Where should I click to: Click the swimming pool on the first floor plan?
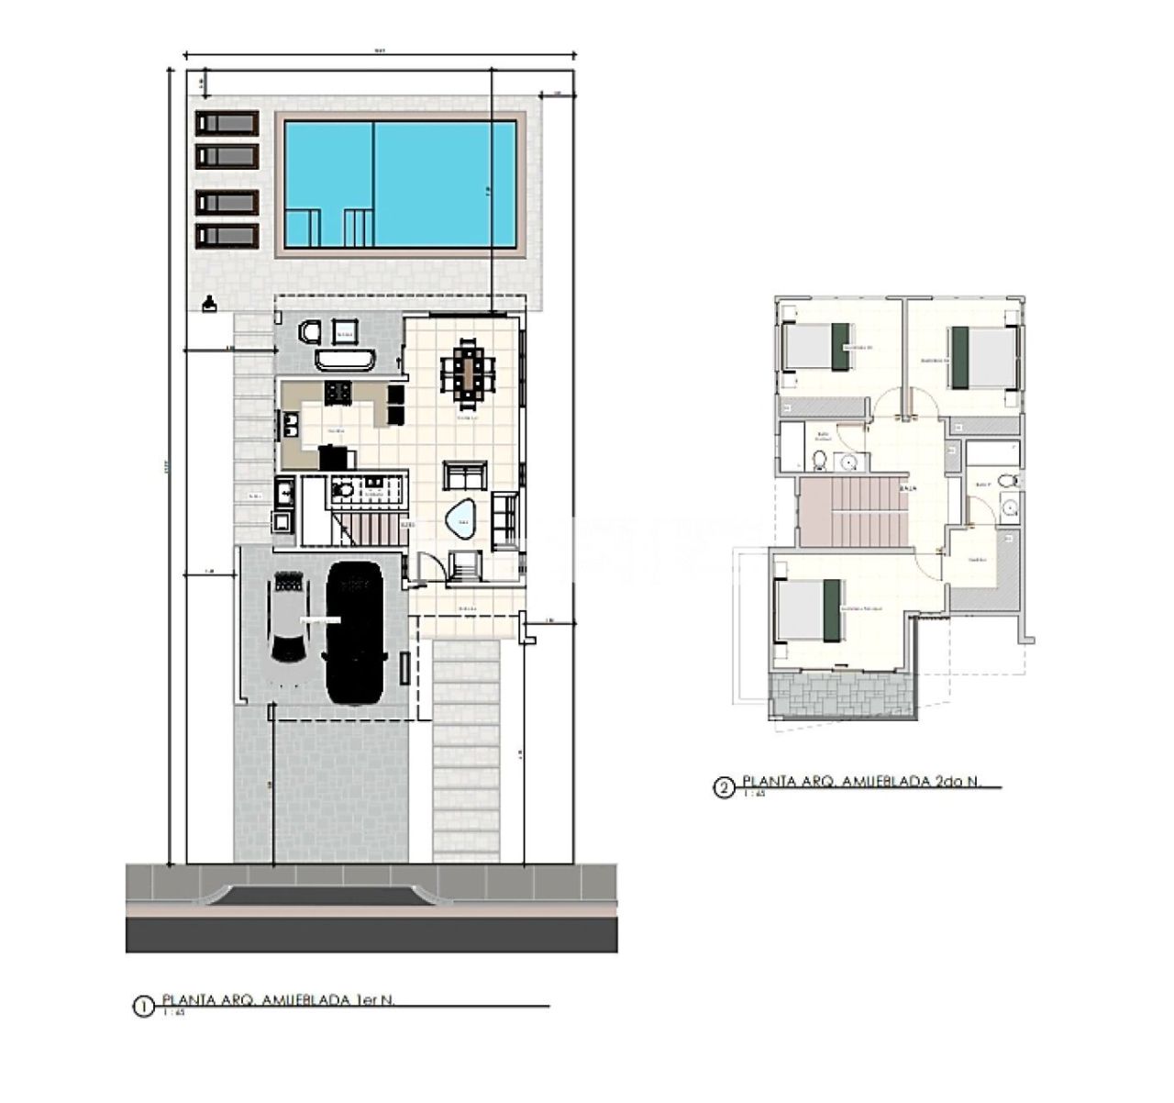pos(400,184)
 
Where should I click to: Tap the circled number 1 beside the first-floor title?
pos(143,1007)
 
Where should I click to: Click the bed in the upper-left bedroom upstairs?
pos(816,348)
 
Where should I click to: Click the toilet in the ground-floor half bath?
pos(342,491)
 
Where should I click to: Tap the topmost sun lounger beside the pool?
pos(226,123)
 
